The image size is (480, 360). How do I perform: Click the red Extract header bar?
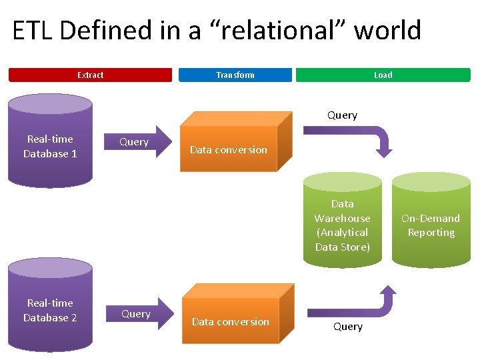[90, 75]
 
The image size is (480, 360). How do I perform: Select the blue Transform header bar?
[235, 75]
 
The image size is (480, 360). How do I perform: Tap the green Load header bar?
[383, 75]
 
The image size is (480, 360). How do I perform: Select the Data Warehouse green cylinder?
[342, 220]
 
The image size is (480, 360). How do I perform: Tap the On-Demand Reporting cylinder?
[431, 220]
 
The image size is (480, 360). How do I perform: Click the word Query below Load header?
[342, 115]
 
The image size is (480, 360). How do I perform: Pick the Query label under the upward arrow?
[348, 327]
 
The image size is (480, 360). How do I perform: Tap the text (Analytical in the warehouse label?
[342, 232]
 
